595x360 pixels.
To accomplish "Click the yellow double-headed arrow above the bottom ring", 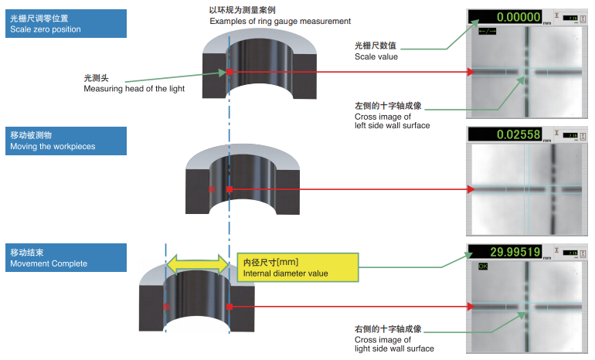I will pyautogui.click(x=198, y=265).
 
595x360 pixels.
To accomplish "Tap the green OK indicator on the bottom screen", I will pyautogui.click(x=484, y=266).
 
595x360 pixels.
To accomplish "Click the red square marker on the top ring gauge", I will pyautogui.click(x=229, y=73).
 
